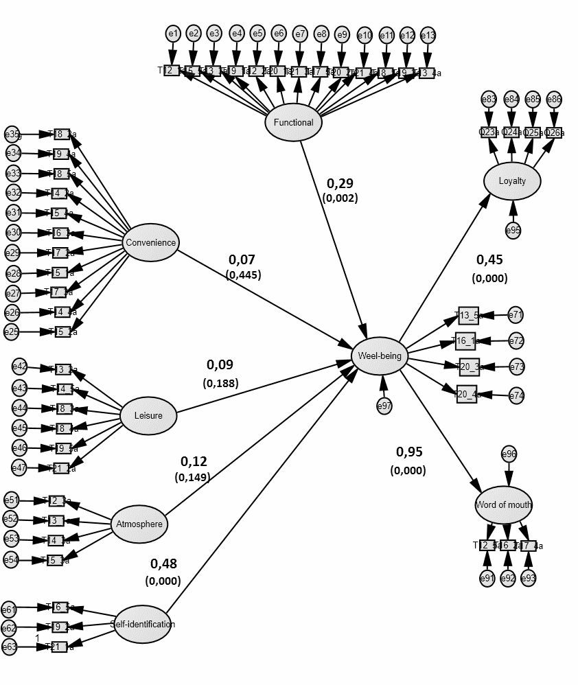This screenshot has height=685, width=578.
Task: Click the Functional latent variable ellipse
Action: [x=293, y=123]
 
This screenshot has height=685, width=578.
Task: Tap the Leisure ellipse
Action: [x=148, y=416]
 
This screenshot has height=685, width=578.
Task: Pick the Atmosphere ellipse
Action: [x=139, y=524]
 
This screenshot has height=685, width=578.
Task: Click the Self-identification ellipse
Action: [x=142, y=624]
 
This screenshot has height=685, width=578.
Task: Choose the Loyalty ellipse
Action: [x=512, y=181]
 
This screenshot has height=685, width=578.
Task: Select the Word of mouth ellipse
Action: [x=503, y=504]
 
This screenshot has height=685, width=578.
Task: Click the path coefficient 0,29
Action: [x=340, y=183]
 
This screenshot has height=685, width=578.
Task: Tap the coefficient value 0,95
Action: [x=409, y=452]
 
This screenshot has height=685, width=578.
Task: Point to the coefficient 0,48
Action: [x=163, y=564]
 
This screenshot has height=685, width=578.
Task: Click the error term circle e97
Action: [x=384, y=406]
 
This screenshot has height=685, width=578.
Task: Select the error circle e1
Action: [x=172, y=33]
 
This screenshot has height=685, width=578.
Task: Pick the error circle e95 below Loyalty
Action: [x=513, y=230]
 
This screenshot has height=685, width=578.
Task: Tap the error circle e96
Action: [x=509, y=454]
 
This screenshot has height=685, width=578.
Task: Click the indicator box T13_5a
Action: [x=469, y=316]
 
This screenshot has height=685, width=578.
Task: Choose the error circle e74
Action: [x=516, y=395]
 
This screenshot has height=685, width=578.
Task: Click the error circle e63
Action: [x=9, y=647]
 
